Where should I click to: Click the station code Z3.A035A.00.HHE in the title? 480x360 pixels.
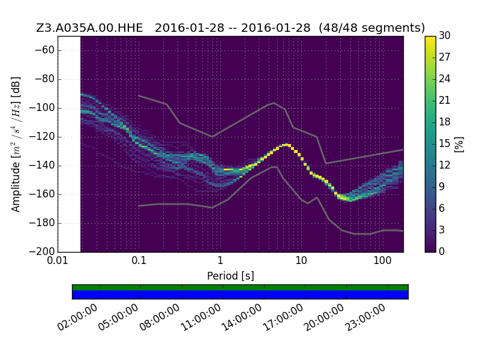89,28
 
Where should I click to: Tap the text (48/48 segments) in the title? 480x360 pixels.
371,28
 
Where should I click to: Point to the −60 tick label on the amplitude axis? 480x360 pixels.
44,50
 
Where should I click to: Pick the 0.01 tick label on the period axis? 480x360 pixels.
58,261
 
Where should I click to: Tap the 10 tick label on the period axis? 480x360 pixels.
301,261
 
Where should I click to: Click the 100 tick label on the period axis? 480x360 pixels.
382,261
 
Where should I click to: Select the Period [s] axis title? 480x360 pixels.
230,276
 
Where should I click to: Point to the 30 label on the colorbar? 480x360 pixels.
445,35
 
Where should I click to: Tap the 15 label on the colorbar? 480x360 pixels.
445,143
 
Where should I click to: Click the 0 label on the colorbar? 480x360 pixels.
442,251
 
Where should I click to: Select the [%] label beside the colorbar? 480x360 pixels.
459,144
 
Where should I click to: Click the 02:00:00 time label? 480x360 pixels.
78,317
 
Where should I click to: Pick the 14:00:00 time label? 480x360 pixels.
242,317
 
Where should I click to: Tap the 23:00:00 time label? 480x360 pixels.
365,317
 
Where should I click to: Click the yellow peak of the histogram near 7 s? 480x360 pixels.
287,145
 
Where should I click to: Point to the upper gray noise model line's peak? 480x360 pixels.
274,103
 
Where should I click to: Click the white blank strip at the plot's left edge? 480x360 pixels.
69,144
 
